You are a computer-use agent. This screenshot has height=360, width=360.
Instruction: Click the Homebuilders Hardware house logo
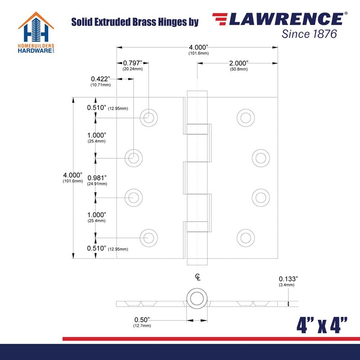pyautogui.click(x=36, y=32)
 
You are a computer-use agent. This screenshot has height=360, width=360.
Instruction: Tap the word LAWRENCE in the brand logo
pyautogui.click(x=286, y=19)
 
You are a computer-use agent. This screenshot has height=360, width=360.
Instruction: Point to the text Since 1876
pyautogui.click(x=309, y=34)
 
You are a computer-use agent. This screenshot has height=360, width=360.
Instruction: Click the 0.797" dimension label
pyautogui.click(x=133, y=63)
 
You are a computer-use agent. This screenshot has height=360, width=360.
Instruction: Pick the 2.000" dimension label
pyautogui.click(x=239, y=63)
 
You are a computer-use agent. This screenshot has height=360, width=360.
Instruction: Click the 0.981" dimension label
pyautogui.click(x=97, y=178)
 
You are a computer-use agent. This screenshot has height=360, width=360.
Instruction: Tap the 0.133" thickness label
pyautogui.click(x=288, y=279)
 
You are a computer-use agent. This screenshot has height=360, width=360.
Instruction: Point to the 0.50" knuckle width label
pyautogui.click(x=142, y=319)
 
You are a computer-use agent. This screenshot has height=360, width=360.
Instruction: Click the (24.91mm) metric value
pyautogui.click(x=97, y=184)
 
